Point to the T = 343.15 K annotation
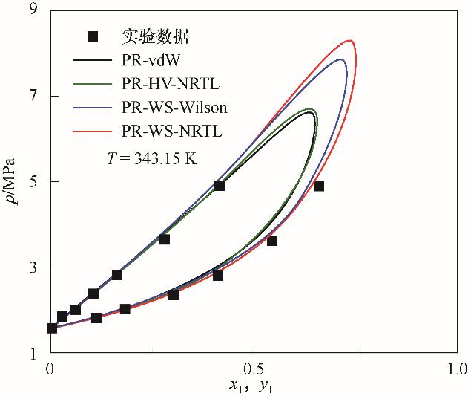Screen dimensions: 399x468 click(x=152, y=158)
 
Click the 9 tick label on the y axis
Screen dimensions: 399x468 click(x=33, y=10)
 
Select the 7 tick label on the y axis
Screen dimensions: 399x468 click(x=33, y=96)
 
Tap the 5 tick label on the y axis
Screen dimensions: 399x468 click(x=33, y=181)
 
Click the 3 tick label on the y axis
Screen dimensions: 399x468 click(x=33, y=267)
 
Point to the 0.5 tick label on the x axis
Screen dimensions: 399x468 click(x=254, y=368)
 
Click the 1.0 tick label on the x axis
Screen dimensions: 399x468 click(x=456, y=368)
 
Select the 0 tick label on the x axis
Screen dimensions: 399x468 click(x=50, y=368)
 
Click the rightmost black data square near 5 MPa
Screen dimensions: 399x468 click(x=318, y=186)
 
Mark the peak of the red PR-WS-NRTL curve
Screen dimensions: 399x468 click(x=350, y=40)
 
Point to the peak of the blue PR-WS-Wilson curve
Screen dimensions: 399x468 click(x=341, y=59)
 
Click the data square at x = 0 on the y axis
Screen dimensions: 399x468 click(x=52, y=328)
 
